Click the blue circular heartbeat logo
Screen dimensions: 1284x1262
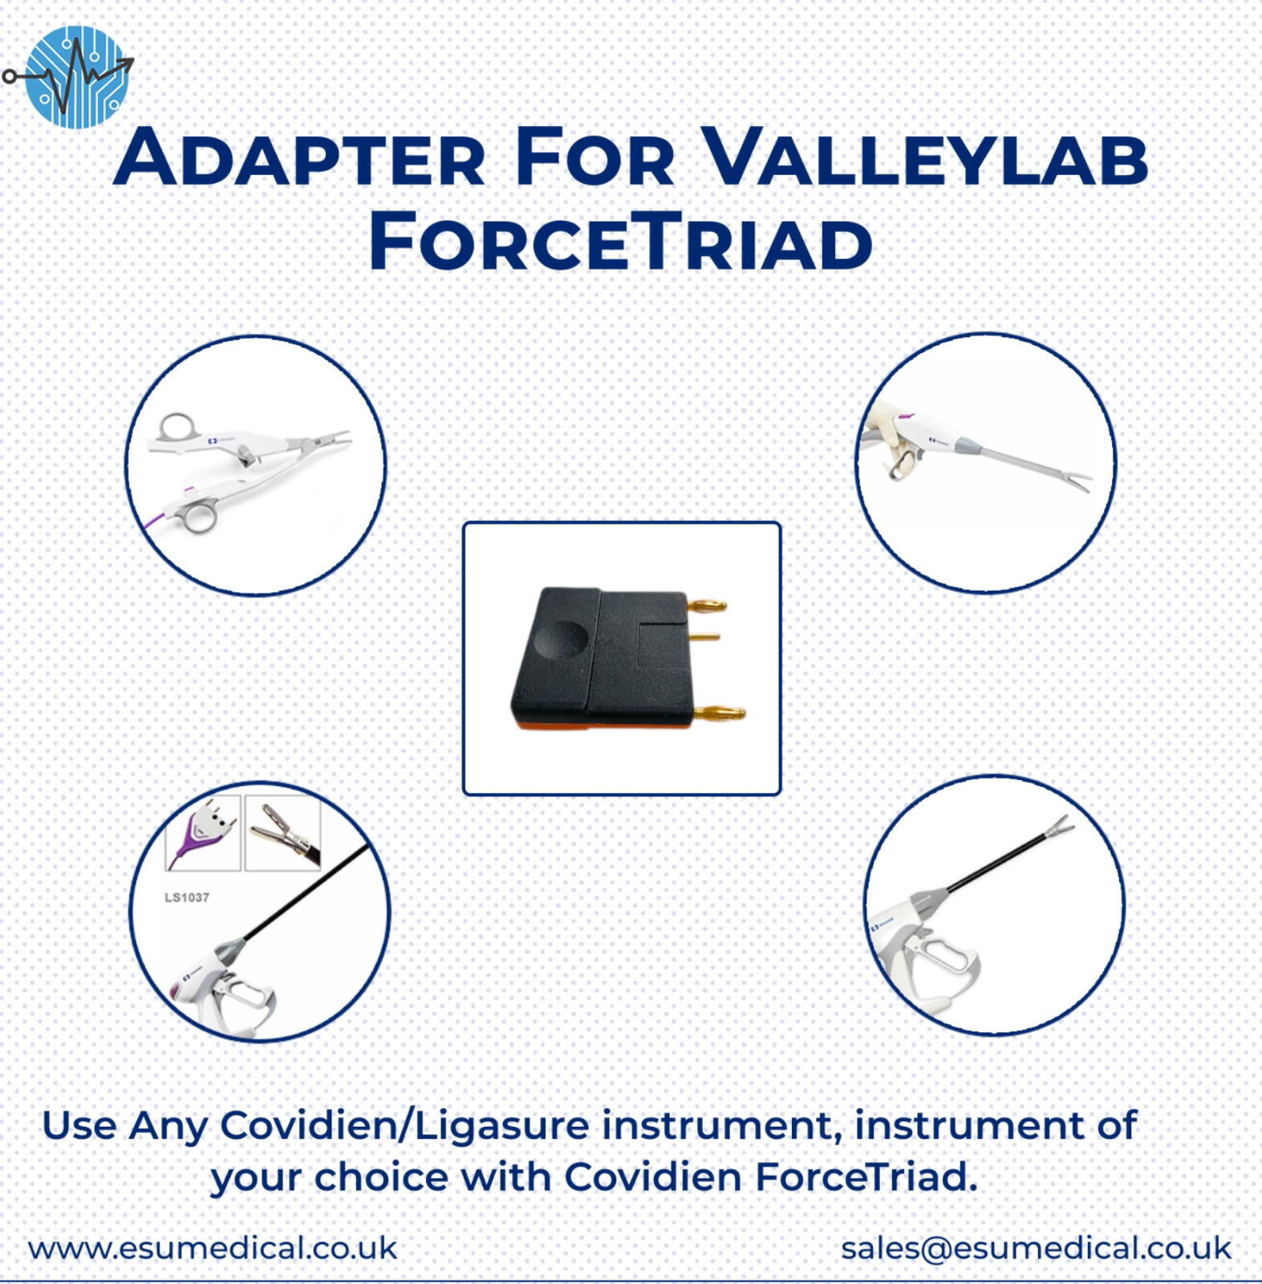[x=77, y=77]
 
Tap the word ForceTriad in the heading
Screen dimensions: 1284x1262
[x=620, y=242]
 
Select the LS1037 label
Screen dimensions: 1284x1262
[x=187, y=897]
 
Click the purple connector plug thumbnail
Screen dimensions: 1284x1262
[x=202, y=832]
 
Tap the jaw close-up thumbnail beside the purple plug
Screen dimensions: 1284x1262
[x=282, y=832]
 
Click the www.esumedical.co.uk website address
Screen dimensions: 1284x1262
[x=213, y=1248]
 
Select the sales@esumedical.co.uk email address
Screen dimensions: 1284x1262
[x=1036, y=1248]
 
